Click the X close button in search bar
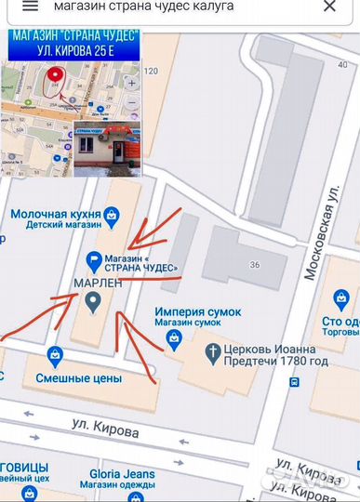pos(329,7)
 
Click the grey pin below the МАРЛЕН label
pos(93,301)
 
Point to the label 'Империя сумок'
pos(198,310)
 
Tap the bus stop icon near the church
pos(294,381)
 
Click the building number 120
pos(152,72)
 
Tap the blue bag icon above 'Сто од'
pos(341,300)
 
